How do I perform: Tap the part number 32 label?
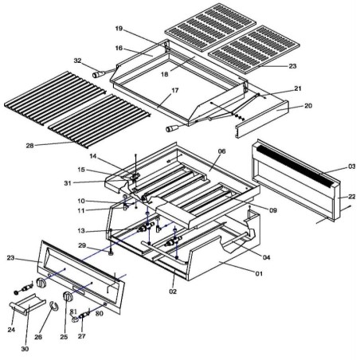click(x=77, y=61)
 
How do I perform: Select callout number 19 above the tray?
click(x=118, y=29)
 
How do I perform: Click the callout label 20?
click(x=307, y=106)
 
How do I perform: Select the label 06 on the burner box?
click(x=221, y=152)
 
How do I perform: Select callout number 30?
click(x=25, y=348)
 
